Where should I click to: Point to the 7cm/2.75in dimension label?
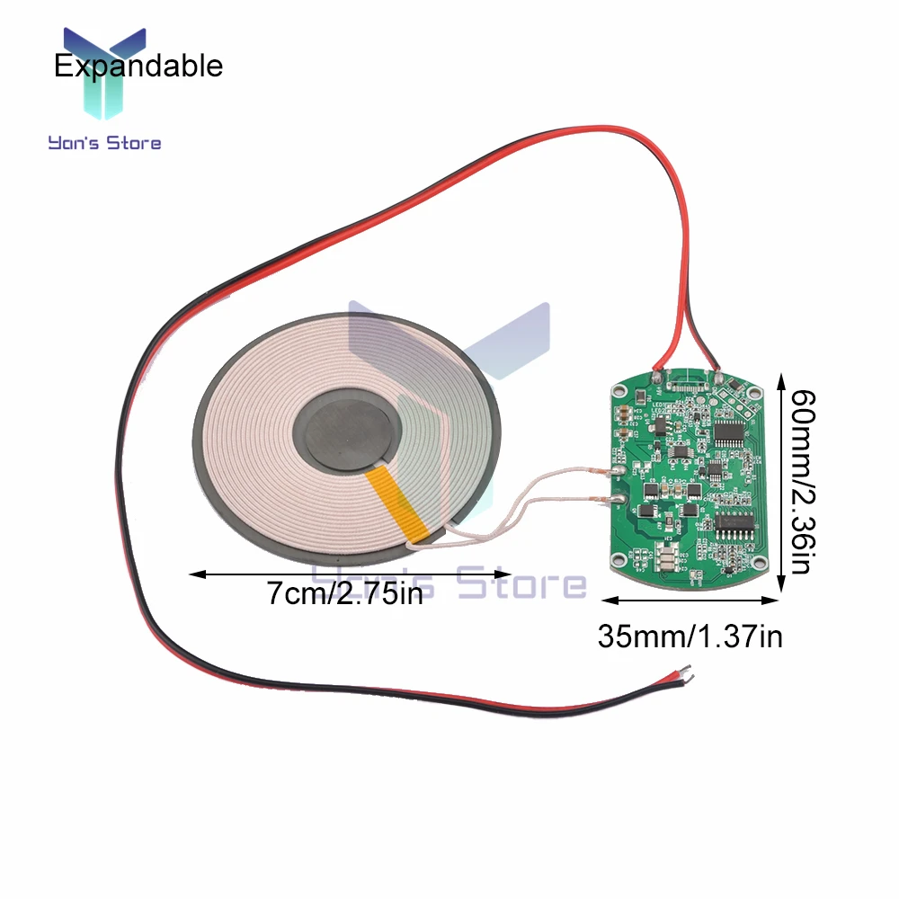[344, 593]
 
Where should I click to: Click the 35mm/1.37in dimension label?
[690, 636]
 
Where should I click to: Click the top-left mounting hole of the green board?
[619, 392]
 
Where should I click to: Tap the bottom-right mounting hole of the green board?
[760, 565]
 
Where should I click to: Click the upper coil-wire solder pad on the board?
[619, 467]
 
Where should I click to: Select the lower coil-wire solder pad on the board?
[619, 502]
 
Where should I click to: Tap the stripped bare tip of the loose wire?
[684, 670]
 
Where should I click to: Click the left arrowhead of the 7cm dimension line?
[191, 572]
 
